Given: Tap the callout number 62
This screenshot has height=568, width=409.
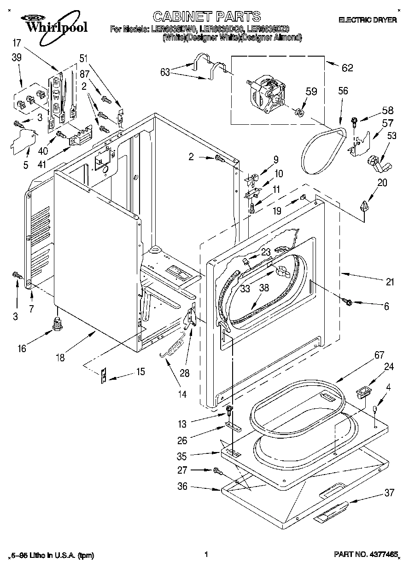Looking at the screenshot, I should pos(347,68).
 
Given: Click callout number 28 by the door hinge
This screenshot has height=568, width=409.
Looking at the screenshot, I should pos(184,373).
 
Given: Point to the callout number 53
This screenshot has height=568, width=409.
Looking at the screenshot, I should pos(392,135).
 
